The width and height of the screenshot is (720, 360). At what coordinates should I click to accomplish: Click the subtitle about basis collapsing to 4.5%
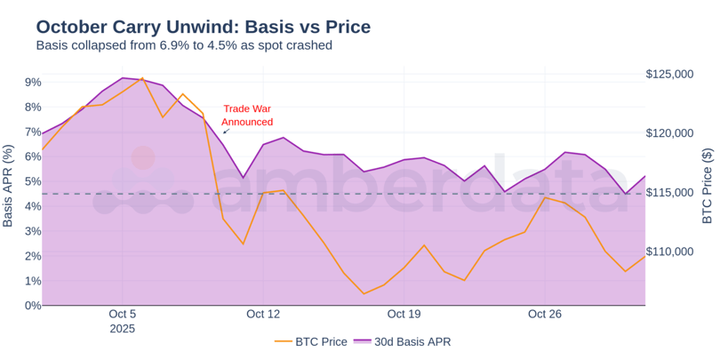(183, 45)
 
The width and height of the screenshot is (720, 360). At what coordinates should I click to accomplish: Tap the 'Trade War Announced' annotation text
(246, 115)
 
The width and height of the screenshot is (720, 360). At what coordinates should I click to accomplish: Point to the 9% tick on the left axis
(33, 83)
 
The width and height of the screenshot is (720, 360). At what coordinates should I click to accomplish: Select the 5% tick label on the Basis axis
(33, 181)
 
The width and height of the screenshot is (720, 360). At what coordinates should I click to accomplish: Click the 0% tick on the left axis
(33, 306)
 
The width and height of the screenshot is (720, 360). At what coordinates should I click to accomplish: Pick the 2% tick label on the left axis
(33, 256)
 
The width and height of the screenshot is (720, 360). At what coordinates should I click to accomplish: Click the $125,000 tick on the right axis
(669, 75)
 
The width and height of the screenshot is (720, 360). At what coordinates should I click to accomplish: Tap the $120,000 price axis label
(669, 133)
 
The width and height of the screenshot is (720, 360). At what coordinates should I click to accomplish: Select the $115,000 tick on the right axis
(669, 193)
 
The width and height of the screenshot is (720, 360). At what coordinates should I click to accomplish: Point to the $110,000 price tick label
(669, 252)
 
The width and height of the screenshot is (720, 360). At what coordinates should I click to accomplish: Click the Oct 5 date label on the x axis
(123, 315)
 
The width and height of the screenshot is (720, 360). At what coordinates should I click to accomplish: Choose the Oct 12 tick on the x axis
(263, 315)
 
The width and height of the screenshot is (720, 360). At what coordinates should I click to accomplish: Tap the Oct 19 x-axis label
(404, 315)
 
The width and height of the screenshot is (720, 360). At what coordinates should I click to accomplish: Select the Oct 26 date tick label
(545, 315)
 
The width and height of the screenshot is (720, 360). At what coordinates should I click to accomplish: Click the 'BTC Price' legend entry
(310, 341)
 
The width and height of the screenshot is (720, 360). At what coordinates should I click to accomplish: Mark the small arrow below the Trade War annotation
(226, 132)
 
